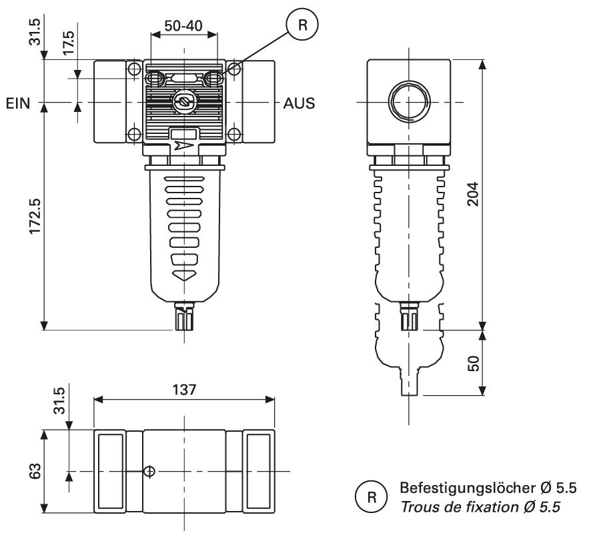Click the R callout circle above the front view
[x=303, y=25]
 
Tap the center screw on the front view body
[x=183, y=103]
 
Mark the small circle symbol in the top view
[x=150, y=472]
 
